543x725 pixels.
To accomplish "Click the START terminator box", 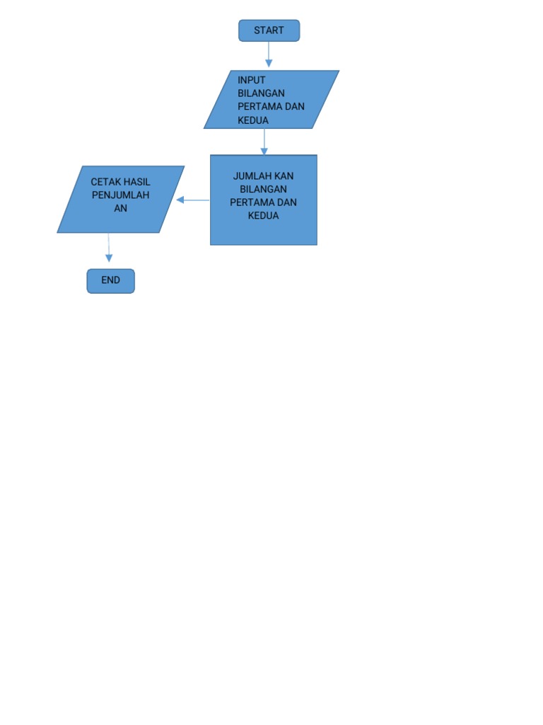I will click(269, 30).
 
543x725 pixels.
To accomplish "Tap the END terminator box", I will click(110, 280).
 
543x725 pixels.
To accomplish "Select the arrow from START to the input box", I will click(269, 55).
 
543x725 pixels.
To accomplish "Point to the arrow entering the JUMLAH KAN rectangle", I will click(264, 141).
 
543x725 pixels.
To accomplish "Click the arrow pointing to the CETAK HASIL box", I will click(192, 200).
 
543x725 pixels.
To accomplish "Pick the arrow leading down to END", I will click(109, 248).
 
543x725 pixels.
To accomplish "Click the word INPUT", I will click(252, 80).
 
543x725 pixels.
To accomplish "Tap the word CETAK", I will click(105, 182).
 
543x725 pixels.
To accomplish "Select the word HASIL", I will click(136, 182).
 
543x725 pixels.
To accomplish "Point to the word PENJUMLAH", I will click(121, 195).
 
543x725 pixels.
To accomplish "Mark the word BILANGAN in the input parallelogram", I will click(262, 93).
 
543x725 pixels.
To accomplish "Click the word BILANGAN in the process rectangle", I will click(263, 189).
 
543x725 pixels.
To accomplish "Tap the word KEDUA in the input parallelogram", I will click(253, 120).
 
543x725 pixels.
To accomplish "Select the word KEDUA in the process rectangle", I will click(263, 215).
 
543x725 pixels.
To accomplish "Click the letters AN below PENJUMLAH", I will click(121, 208).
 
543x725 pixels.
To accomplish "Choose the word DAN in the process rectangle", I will click(287, 202).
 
